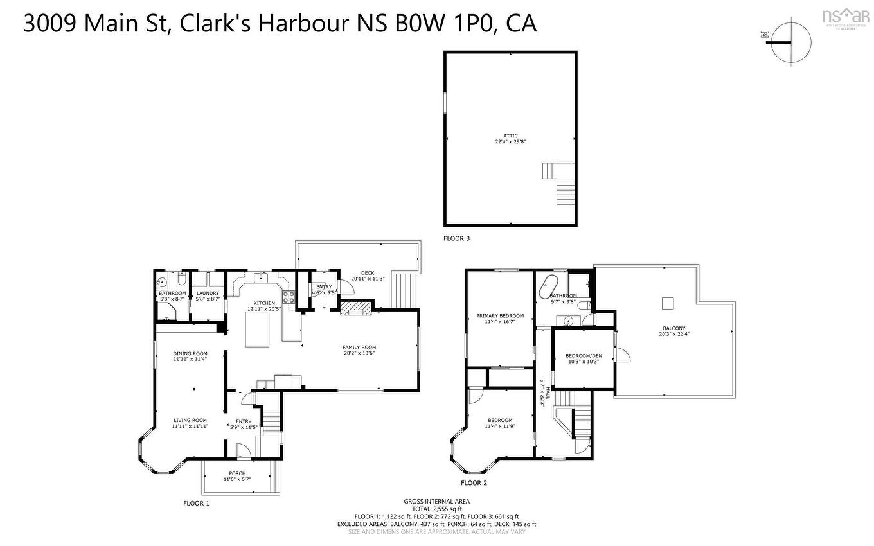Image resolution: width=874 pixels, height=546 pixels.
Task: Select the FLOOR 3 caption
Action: click(456, 238)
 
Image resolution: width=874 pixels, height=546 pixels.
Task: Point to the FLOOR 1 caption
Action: click(196, 503)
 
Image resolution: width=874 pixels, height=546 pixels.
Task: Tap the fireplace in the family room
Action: click(356, 309)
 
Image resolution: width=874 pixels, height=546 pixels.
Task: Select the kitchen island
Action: click(257, 331)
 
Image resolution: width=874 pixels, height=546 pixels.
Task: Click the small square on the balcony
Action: click(668, 302)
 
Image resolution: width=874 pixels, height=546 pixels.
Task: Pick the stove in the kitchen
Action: click(289, 297)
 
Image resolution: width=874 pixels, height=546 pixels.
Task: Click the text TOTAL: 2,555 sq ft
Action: click(436, 509)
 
